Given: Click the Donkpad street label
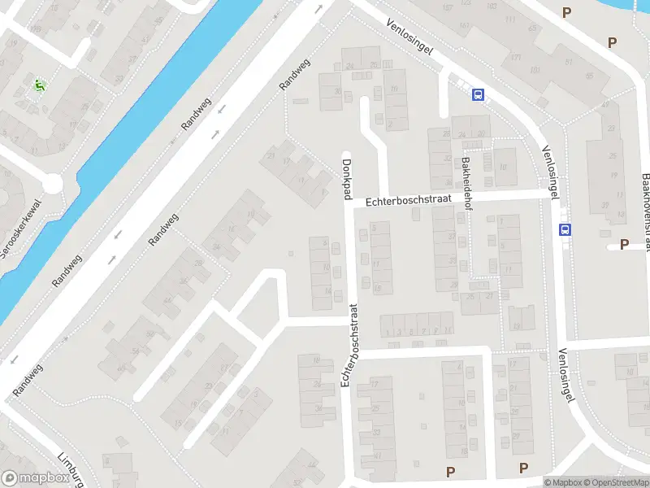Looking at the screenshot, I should click(x=347, y=176).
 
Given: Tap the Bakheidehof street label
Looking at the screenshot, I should click(x=467, y=183).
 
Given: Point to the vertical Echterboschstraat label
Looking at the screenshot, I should click(x=350, y=345).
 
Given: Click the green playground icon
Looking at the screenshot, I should click(x=38, y=85).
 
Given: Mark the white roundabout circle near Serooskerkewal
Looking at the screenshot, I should click(x=53, y=185).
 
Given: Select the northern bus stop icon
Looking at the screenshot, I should click(x=478, y=94).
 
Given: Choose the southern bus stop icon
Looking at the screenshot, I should click(x=565, y=229).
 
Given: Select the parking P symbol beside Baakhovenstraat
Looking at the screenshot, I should click(x=624, y=244).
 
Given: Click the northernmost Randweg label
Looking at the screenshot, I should click(x=294, y=75).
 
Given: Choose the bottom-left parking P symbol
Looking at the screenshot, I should click(x=449, y=471).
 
